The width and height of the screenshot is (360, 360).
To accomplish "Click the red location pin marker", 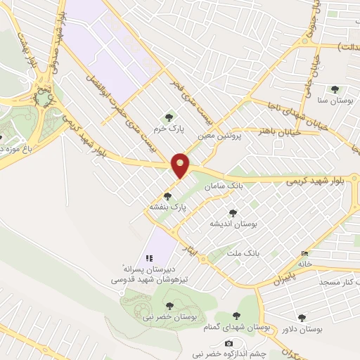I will click(x=181, y=165).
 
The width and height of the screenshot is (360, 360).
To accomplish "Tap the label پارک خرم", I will click(x=169, y=130).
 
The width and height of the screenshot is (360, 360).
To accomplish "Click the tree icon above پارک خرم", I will click(x=167, y=117).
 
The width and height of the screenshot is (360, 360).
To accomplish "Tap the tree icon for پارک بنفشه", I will click(x=167, y=196).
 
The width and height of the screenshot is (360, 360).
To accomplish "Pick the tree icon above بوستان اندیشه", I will click(x=233, y=212).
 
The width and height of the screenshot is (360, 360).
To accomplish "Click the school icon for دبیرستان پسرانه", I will click(x=148, y=258).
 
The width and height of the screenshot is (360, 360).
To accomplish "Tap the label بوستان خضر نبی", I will click(x=167, y=318).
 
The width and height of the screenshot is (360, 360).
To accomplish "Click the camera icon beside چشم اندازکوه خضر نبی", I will click(x=229, y=343).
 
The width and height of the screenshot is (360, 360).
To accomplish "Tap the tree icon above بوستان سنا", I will click(x=334, y=89).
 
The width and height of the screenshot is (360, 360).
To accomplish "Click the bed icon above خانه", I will click(x=304, y=253).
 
